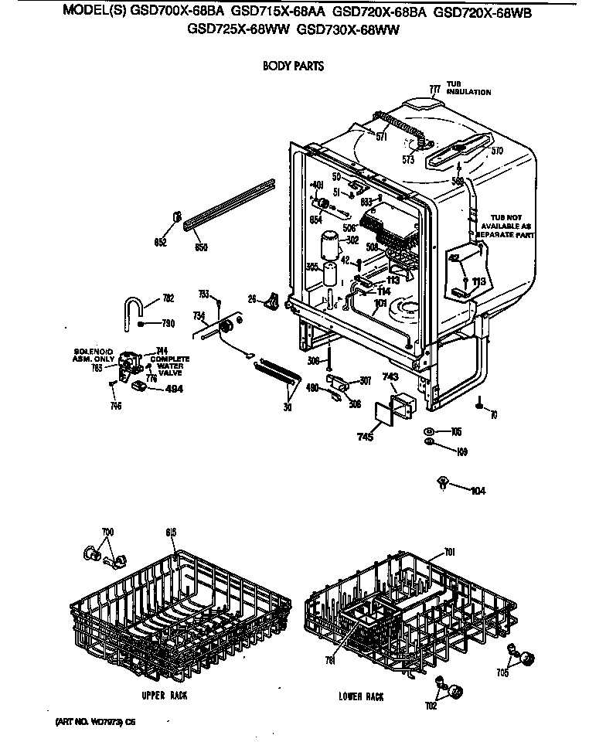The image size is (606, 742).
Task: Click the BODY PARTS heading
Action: point(292,66)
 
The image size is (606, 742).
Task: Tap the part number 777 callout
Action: point(434,90)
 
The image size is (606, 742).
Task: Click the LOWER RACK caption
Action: point(361,696)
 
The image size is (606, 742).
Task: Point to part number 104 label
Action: point(478,490)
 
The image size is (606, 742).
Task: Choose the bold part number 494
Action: point(175,390)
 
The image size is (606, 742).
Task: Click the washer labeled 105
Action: point(427,431)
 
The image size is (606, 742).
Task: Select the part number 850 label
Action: point(201,247)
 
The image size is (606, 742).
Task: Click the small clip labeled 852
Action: point(177,217)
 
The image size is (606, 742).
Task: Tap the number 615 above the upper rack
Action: point(171,533)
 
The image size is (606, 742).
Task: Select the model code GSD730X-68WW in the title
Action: point(352,31)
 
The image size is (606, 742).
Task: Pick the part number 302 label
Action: point(352,240)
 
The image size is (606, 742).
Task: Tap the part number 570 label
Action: point(496,151)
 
